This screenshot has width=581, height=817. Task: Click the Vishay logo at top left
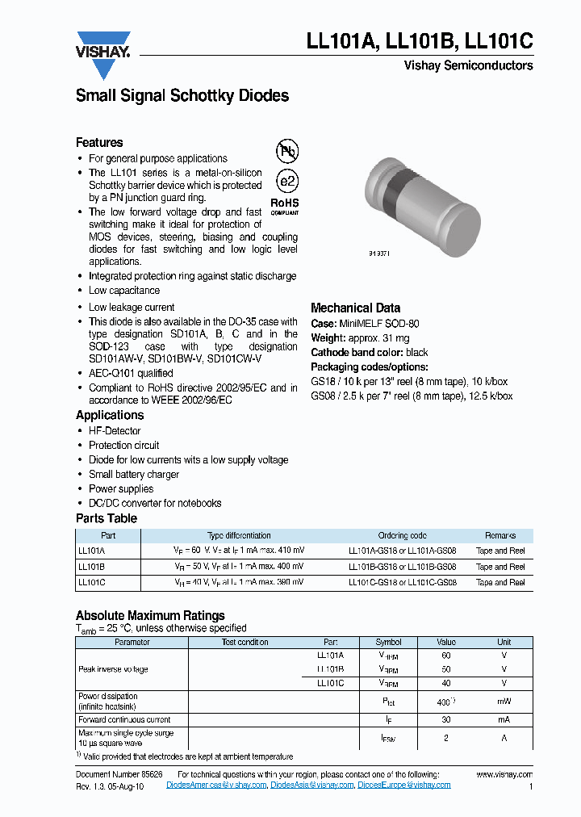point(102,53)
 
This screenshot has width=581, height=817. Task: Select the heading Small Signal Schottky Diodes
point(182,95)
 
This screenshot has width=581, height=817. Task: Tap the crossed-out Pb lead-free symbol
point(286,151)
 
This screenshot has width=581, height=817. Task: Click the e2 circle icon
point(286,181)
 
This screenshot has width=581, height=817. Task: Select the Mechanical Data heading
point(355,308)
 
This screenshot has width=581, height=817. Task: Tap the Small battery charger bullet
point(133,474)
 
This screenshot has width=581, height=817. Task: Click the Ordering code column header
point(402,535)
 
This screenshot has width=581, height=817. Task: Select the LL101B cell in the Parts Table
point(92,566)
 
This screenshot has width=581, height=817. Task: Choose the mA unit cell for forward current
point(504,719)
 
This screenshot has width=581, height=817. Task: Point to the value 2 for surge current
point(445,738)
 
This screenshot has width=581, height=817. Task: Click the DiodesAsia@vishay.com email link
point(311,785)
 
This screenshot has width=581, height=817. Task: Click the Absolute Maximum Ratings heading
point(150,615)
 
